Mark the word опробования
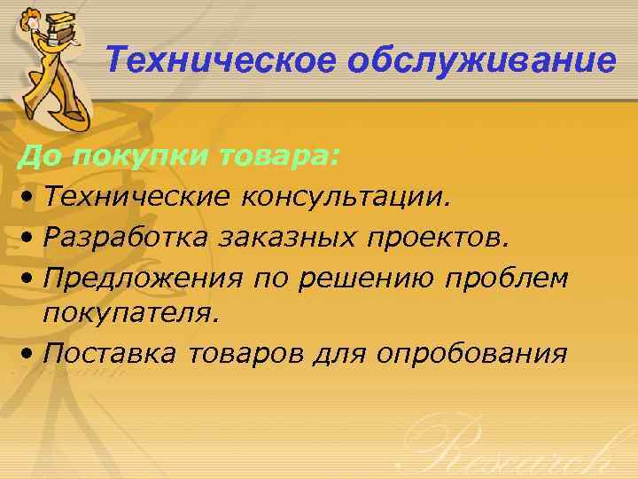(x=471, y=354)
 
